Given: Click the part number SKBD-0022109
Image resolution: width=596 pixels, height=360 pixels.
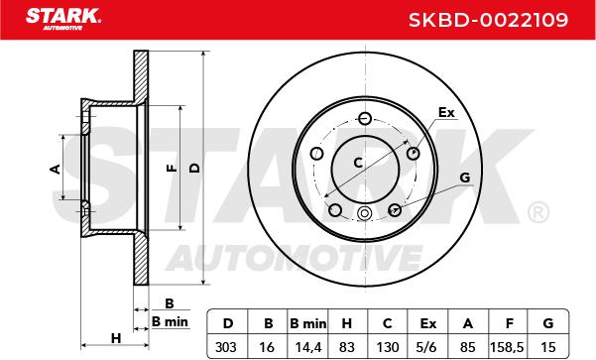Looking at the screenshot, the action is coord(489,20).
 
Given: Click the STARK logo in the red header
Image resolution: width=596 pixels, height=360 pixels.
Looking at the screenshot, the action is coord(63,18).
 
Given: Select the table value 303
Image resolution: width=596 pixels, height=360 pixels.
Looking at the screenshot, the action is coord(226,347).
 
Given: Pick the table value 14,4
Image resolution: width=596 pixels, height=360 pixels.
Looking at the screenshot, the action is coord(308,347).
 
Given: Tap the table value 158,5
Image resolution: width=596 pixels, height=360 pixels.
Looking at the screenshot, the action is coord(507,347).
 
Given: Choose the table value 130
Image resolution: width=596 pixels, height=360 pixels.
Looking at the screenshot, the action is coord(388,347).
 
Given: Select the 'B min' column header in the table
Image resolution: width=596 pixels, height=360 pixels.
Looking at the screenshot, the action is coord(307,323).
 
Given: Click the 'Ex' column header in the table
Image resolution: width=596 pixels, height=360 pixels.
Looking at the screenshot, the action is coord(428,323).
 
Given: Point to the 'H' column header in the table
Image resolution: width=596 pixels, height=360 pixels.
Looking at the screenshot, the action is coord(347,323).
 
